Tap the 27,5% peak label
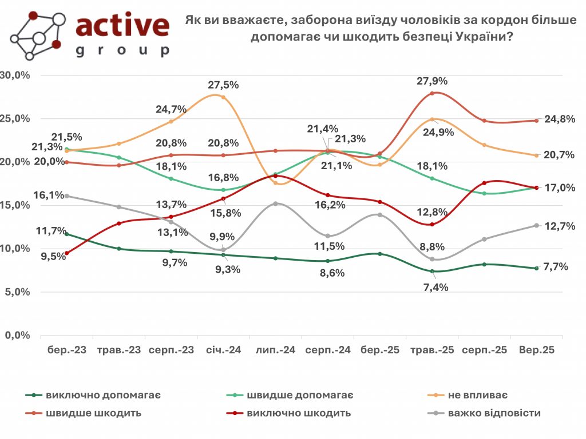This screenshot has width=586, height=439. pyautogui.click(x=223, y=85)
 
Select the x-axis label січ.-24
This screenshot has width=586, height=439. pyautogui.click(x=223, y=351)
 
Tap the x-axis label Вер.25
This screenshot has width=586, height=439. pyautogui.click(x=536, y=351)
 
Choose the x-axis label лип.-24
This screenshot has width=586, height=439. pyautogui.click(x=275, y=351)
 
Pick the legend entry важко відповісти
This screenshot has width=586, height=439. pyautogui.click(x=494, y=413)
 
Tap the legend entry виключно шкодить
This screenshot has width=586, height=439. pyautogui.click(x=299, y=413)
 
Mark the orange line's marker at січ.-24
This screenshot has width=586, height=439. pyautogui.click(x=223, y=97)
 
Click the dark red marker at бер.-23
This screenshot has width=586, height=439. pyautogui.click(x=67, y=253)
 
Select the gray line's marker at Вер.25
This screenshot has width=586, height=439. pyautogui.click(x=536, y=225)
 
